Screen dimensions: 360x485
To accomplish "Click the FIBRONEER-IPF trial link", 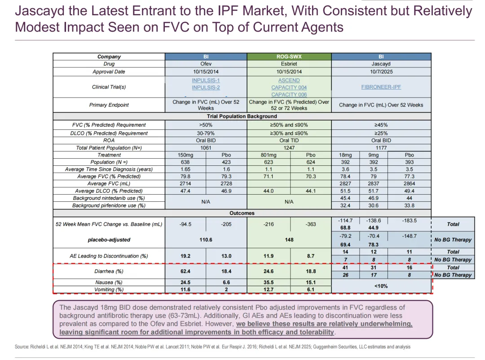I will pos(381,87).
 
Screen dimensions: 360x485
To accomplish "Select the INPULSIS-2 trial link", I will pos(206,87).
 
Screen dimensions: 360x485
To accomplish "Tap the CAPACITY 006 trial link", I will pos(289,94).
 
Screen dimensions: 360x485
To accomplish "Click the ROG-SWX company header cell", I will pos(289,57).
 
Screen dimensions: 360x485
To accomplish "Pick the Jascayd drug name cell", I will pos(381,64).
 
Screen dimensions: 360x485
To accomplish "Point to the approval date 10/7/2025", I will pos(381,71).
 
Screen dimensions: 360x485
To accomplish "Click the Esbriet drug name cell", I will pos(289,64).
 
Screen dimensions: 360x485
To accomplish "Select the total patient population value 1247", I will pos(289,147).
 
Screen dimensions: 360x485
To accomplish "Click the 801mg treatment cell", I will pos(269,155).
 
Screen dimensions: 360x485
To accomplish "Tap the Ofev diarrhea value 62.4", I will pos(185,271).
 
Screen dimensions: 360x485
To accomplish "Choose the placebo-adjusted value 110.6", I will pos(206,240).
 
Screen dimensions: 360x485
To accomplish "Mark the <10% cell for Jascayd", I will pos(381,286).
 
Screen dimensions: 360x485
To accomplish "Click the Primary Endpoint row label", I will pos(109,105).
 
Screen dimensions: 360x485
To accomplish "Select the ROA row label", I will pos(109,140).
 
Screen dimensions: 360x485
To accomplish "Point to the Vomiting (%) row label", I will pos(109,290).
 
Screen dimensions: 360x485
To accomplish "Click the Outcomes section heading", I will pos(242,213).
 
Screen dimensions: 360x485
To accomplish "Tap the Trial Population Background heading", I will pos(242,116).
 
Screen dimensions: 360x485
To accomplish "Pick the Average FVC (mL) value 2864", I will pos(409,183).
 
